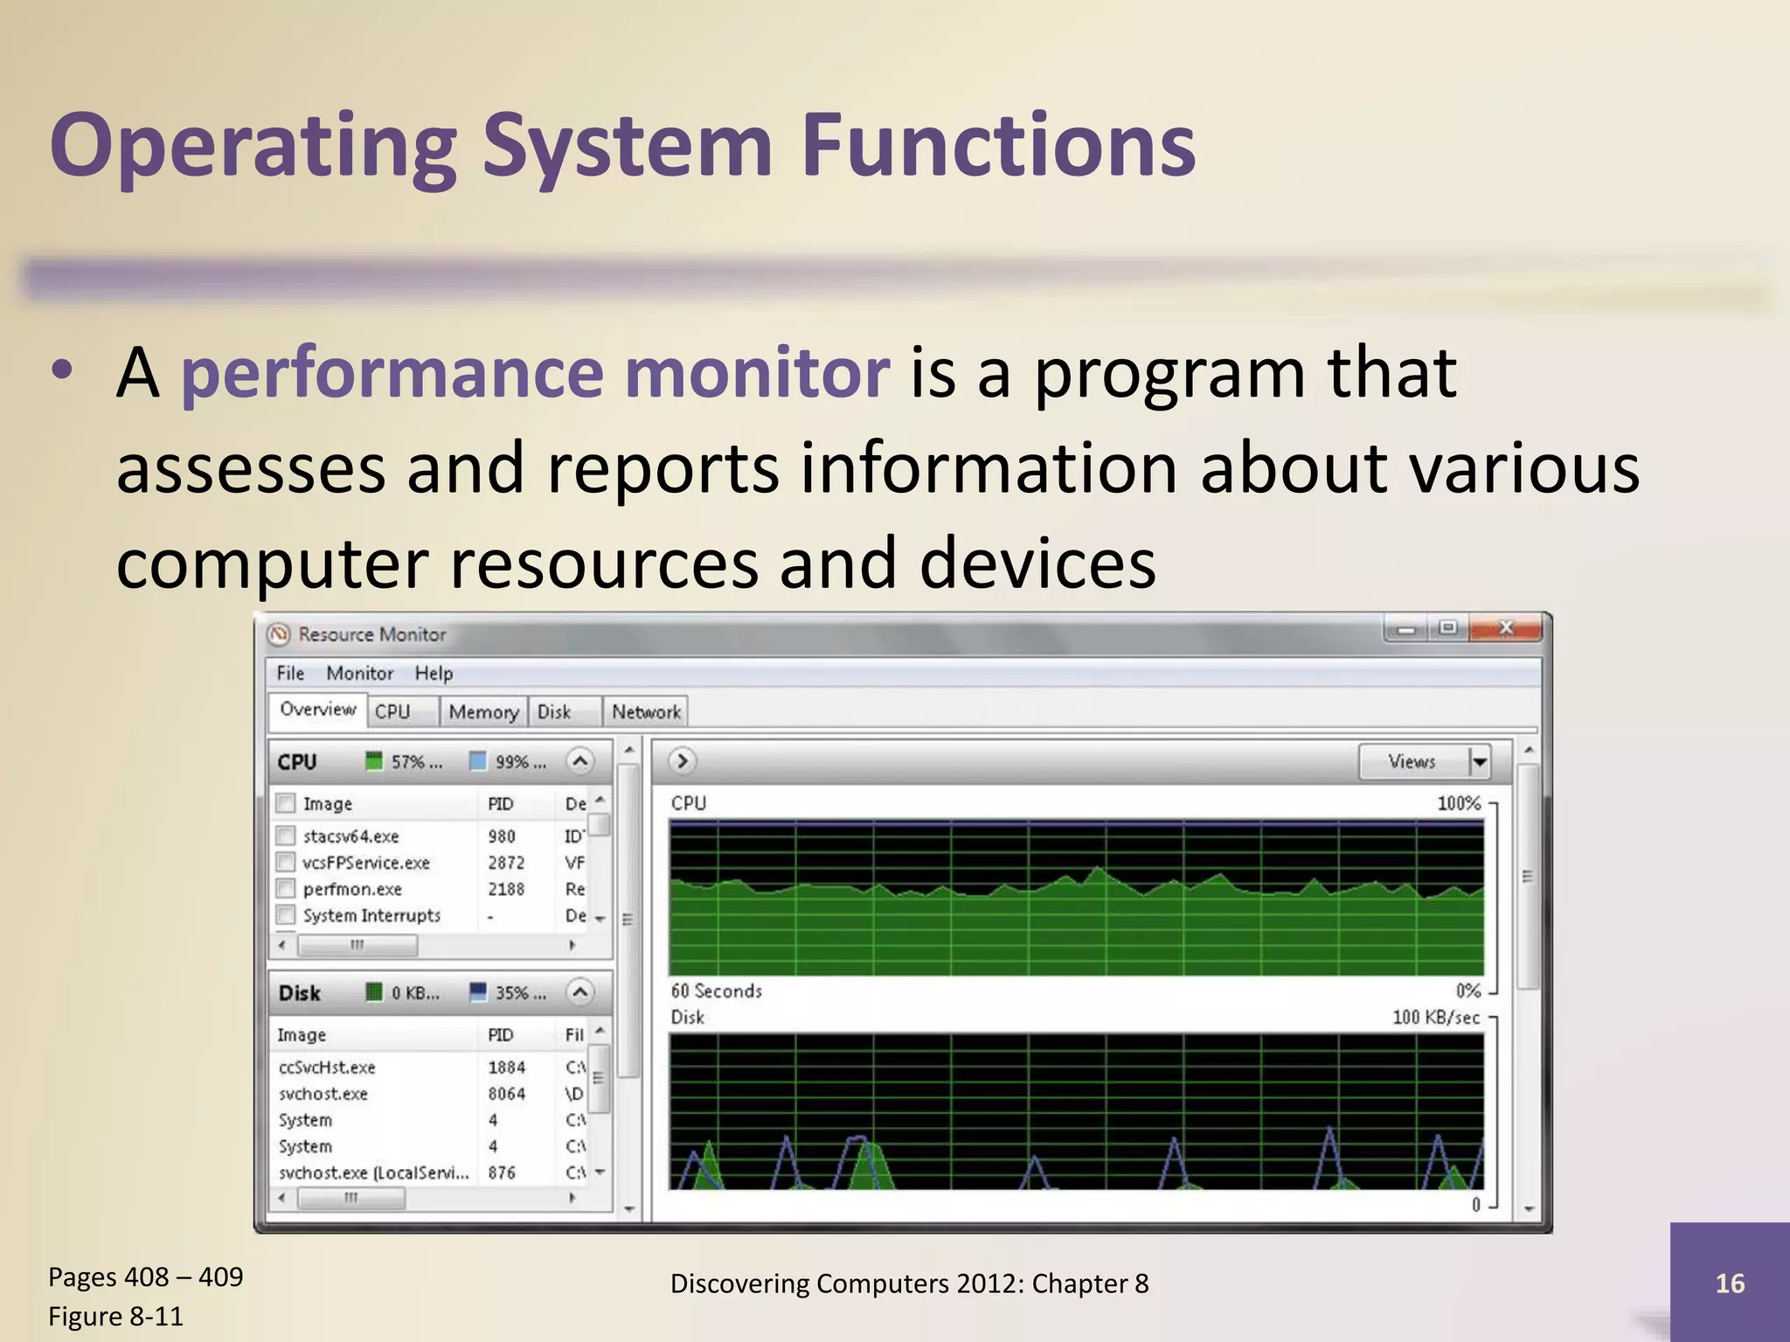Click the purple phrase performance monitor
(x=534, y=373)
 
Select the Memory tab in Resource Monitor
(x=482, y=712)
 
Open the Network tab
(x=646, y=712)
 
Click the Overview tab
(x=317, y=709)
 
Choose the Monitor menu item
(x=359, y=673)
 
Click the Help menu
(x=434, y=673)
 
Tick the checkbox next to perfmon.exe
(x=286, y=889)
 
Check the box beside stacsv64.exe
(x=286, y=835)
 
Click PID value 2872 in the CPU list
(x=506, y=862)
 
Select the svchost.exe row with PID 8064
(x=401, y=1094)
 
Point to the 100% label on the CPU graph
(x=1459, y=803)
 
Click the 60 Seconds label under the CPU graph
(x=716, y=991)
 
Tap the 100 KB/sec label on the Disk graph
(x=1435, y=1017)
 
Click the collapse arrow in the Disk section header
(x=579, y=993)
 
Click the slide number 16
(x=1730, y=1283)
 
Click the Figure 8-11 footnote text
(x=115, y=1316)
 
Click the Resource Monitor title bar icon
(x=279, y=634)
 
